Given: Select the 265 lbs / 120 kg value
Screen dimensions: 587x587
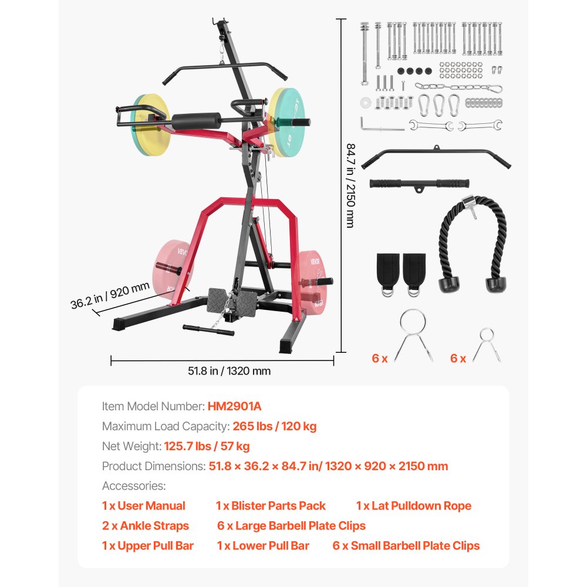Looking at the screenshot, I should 275,426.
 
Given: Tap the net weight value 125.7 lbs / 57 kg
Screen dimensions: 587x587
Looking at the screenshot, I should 207,446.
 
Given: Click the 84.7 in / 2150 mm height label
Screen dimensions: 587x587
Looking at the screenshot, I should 350,185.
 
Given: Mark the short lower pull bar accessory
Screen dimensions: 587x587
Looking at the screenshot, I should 420,184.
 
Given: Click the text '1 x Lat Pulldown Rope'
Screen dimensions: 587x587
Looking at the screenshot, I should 413,506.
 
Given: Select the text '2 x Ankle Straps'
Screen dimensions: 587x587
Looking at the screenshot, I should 145,526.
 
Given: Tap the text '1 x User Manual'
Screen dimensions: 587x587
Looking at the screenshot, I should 143,506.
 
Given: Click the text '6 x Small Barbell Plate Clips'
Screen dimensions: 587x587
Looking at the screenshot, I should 406,546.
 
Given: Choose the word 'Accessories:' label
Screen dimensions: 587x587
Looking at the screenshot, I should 134,486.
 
